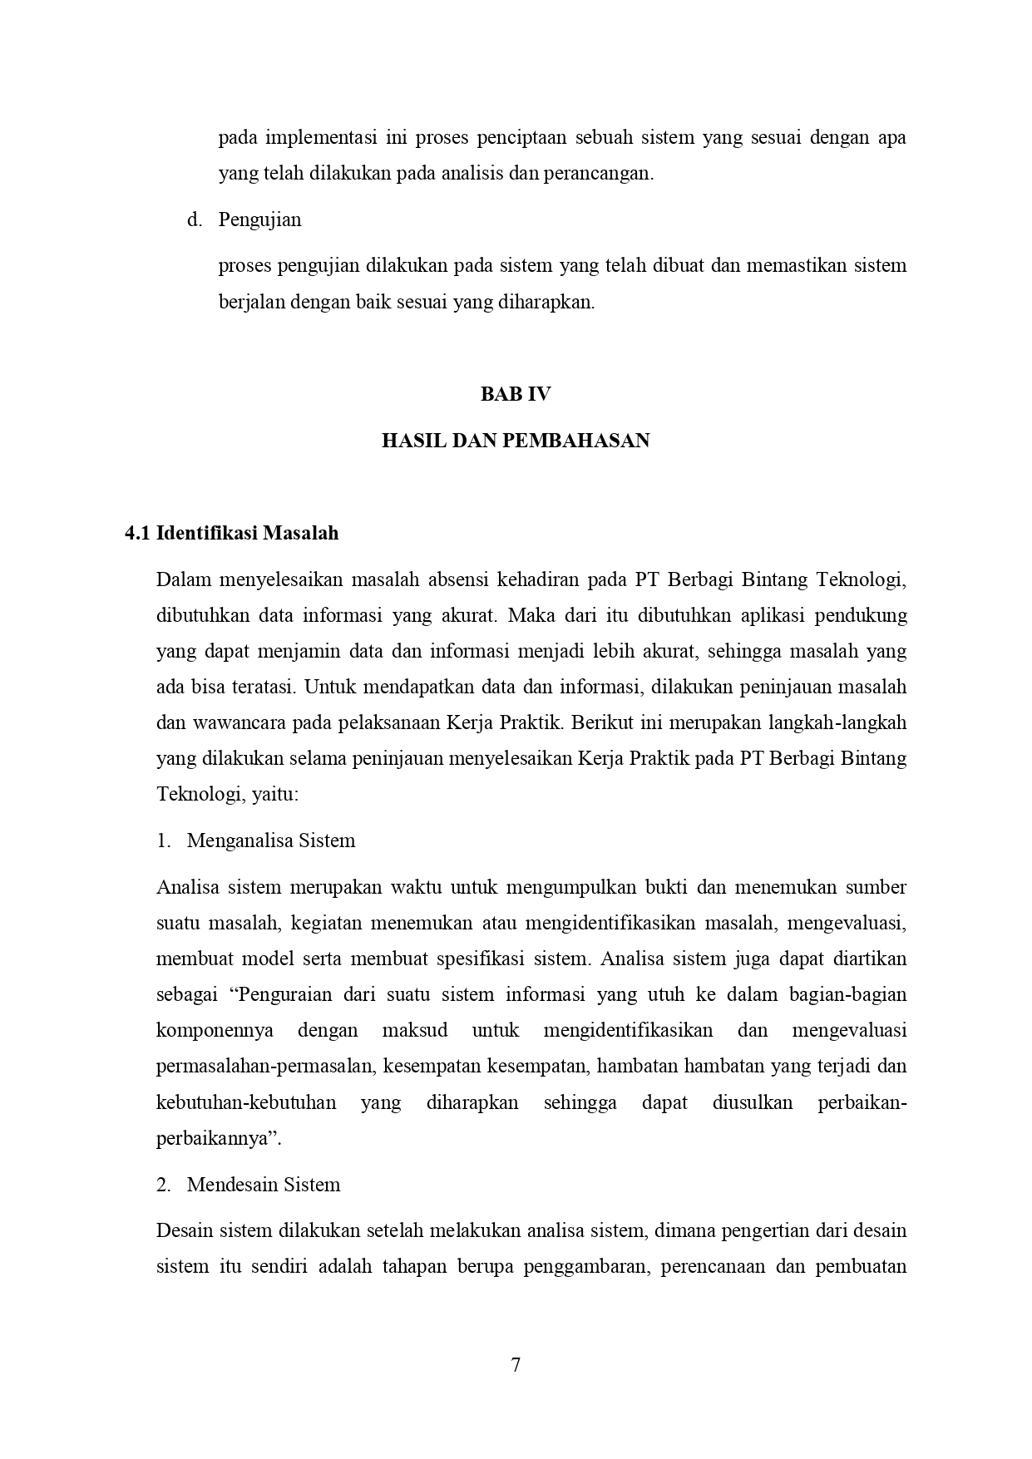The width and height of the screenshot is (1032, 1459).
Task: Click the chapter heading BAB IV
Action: pyautogui.click(x=516, y=394)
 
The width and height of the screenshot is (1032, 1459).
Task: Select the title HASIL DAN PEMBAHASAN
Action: pyautogui.click(x=516, y=441)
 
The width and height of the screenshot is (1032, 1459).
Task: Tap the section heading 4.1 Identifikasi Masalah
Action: pyautogui.click(x=232, y=533)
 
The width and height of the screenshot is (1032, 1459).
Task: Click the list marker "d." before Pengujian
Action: pyautogui.click(x=195, y=220)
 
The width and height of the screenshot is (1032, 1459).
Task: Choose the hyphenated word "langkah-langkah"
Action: pyautogui.click(x=841, y=722)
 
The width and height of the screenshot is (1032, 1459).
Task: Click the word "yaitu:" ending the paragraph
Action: pyautogui.click(x=275, y=794)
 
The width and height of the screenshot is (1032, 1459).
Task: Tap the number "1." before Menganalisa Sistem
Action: pyautogui.click(x=164, y=840)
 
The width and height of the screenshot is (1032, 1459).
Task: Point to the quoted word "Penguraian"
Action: pyautogui.click(x=284, y=994)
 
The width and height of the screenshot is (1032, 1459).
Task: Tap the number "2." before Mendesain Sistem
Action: pyautogui.click(x=164, y=1185)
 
